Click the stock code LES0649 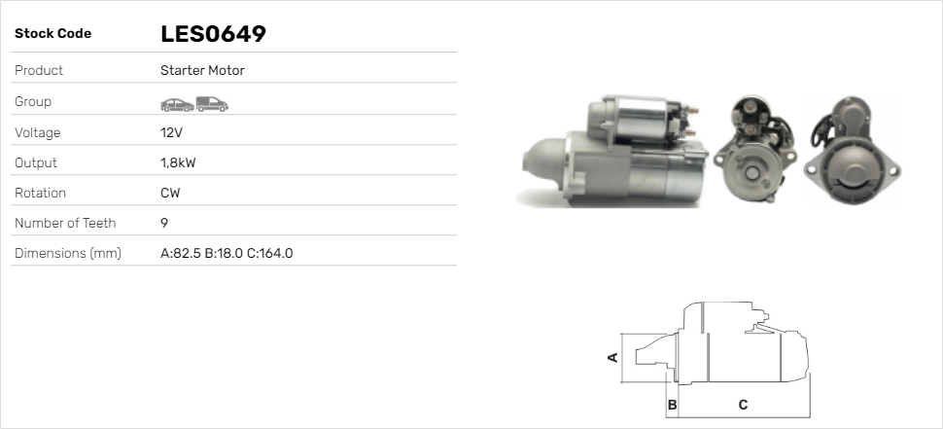click(x=213, y=34)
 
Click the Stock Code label click(x=52, y=34)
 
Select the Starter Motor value click(x=202, y=70)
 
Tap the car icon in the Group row click(x=177, y=105)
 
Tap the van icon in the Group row click(x=212, y=104)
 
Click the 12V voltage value click(x=171, y=132)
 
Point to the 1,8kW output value click(x=178, y=163)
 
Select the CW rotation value click(x=170, y=194)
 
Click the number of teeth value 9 click(x=164, y=223)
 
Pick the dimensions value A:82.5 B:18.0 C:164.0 click(x=227, y=253)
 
